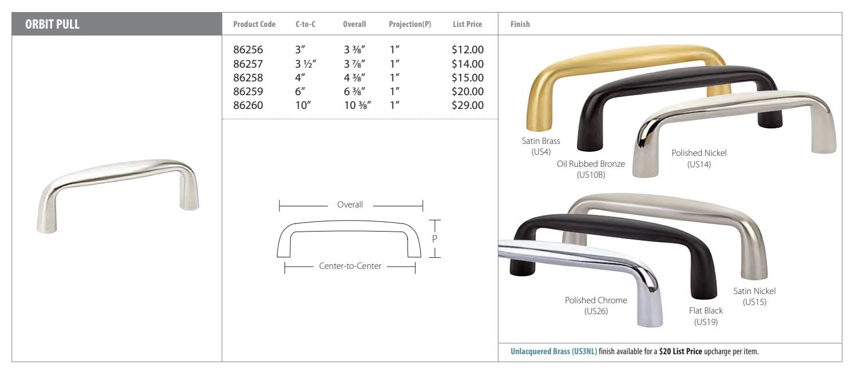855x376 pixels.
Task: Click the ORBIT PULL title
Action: coord(52,24)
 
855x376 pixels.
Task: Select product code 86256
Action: coord(248,50)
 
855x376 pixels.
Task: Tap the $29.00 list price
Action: coord(468,105)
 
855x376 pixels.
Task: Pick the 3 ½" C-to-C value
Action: coord(306,64)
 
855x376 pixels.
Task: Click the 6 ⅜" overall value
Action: coord(355,91)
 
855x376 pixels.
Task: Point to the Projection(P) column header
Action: coord(410,24)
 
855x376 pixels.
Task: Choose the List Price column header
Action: coord(467,24)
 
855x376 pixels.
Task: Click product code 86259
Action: coord(248,91)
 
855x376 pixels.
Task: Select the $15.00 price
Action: coord(468,77)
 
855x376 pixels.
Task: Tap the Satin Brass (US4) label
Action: coord(541,146)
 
